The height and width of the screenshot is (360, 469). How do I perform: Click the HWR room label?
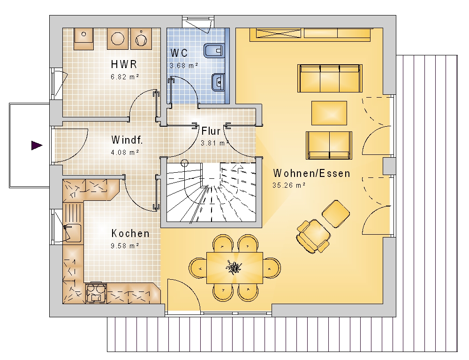click(124, 64)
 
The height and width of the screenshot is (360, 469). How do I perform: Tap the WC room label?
click(179, 53)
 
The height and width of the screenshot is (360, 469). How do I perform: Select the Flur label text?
click(211, 131)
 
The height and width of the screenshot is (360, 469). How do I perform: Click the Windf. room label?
click(127, 140)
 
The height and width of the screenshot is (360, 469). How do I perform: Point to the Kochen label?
click(130, 233)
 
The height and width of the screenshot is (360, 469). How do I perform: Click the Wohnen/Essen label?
click(311, 173)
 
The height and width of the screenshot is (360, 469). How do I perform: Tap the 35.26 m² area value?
click(289, 185)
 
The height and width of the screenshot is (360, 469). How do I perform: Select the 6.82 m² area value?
click(125, 77)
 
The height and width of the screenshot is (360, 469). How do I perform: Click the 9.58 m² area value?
click(125, 246)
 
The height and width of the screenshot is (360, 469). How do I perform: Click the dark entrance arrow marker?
click(37, 146)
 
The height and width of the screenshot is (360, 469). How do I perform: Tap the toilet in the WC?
click(214, 51)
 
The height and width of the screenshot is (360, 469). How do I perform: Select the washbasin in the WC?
click(218, 82)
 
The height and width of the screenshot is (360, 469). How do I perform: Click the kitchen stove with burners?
click(96, 293)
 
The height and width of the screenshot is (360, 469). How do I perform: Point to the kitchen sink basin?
click(72, 232)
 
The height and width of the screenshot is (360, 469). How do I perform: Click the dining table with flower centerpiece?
click(234, 268)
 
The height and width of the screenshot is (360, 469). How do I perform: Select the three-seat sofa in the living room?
click(330, 78)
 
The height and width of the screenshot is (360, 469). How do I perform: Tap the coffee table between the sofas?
click(329, 113)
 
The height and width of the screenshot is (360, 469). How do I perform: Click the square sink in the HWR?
click(83, 38)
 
